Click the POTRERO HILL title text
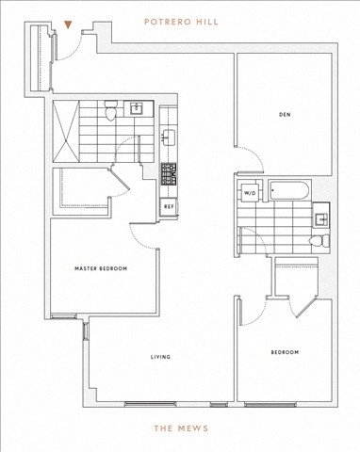click(x=181, y=22)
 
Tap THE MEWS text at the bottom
click(x=181, y=428)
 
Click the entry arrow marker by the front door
click(x=68, y=24)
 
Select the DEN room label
click(x=285, y=115)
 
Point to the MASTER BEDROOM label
click(x=101, y=268)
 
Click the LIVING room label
click(x=160, y=357)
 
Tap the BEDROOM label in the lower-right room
click(x=285, y=352)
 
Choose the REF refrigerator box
click(x=169, y=207)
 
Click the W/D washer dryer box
click(x=250, y=193)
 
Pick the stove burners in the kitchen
click(x=169, y=174)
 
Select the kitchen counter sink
click(x=169, y=138)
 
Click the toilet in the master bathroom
click(x=110, y=110)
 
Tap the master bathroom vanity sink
click(x=137, y=108)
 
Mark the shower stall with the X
click(x=65, y=131)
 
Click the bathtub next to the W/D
click(x=289, y=190)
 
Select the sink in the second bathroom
click(x=321, y=219)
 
